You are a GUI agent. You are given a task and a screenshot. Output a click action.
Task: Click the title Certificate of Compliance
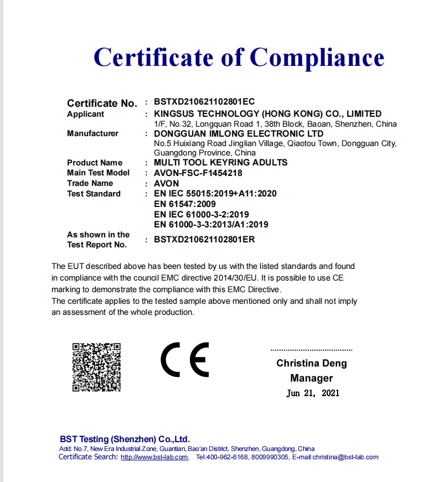click(239, 57)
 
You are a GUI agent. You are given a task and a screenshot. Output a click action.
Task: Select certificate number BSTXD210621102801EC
click(204, 102)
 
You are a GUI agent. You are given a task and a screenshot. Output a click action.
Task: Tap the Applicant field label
click(85, 114)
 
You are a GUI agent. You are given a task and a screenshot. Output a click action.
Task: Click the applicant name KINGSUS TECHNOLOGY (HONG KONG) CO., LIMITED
click(267, 114)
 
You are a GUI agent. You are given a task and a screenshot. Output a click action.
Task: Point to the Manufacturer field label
click(92, 133)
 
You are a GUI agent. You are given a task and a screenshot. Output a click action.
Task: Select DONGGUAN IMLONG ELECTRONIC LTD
click(239, 134)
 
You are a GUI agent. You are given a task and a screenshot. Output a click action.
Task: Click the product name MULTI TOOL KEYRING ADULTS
click(220, 163)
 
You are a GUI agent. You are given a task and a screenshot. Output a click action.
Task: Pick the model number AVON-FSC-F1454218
click(198, 173)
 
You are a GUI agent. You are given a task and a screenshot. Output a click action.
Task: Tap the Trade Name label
click(90, 183)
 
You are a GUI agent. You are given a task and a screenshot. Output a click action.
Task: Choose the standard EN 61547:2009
click(185, 204)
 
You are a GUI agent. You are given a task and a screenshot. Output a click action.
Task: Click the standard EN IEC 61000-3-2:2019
click(201, 214)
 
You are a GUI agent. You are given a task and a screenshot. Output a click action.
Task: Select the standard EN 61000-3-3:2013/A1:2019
click(211, 224)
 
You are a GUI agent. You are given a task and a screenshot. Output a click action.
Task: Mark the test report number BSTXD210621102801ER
click(204, 240)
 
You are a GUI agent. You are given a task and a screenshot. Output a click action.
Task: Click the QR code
click(96, 367)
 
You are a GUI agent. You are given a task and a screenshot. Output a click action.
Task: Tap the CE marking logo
click(185, 360)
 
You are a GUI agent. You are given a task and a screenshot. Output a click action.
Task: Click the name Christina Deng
click(312, 364)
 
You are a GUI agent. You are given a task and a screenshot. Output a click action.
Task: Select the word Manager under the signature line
click(312, 379)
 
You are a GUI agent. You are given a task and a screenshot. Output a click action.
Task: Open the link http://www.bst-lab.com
click(154, 457)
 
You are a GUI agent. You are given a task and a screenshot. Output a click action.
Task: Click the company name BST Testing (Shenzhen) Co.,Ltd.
click(125, 439)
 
